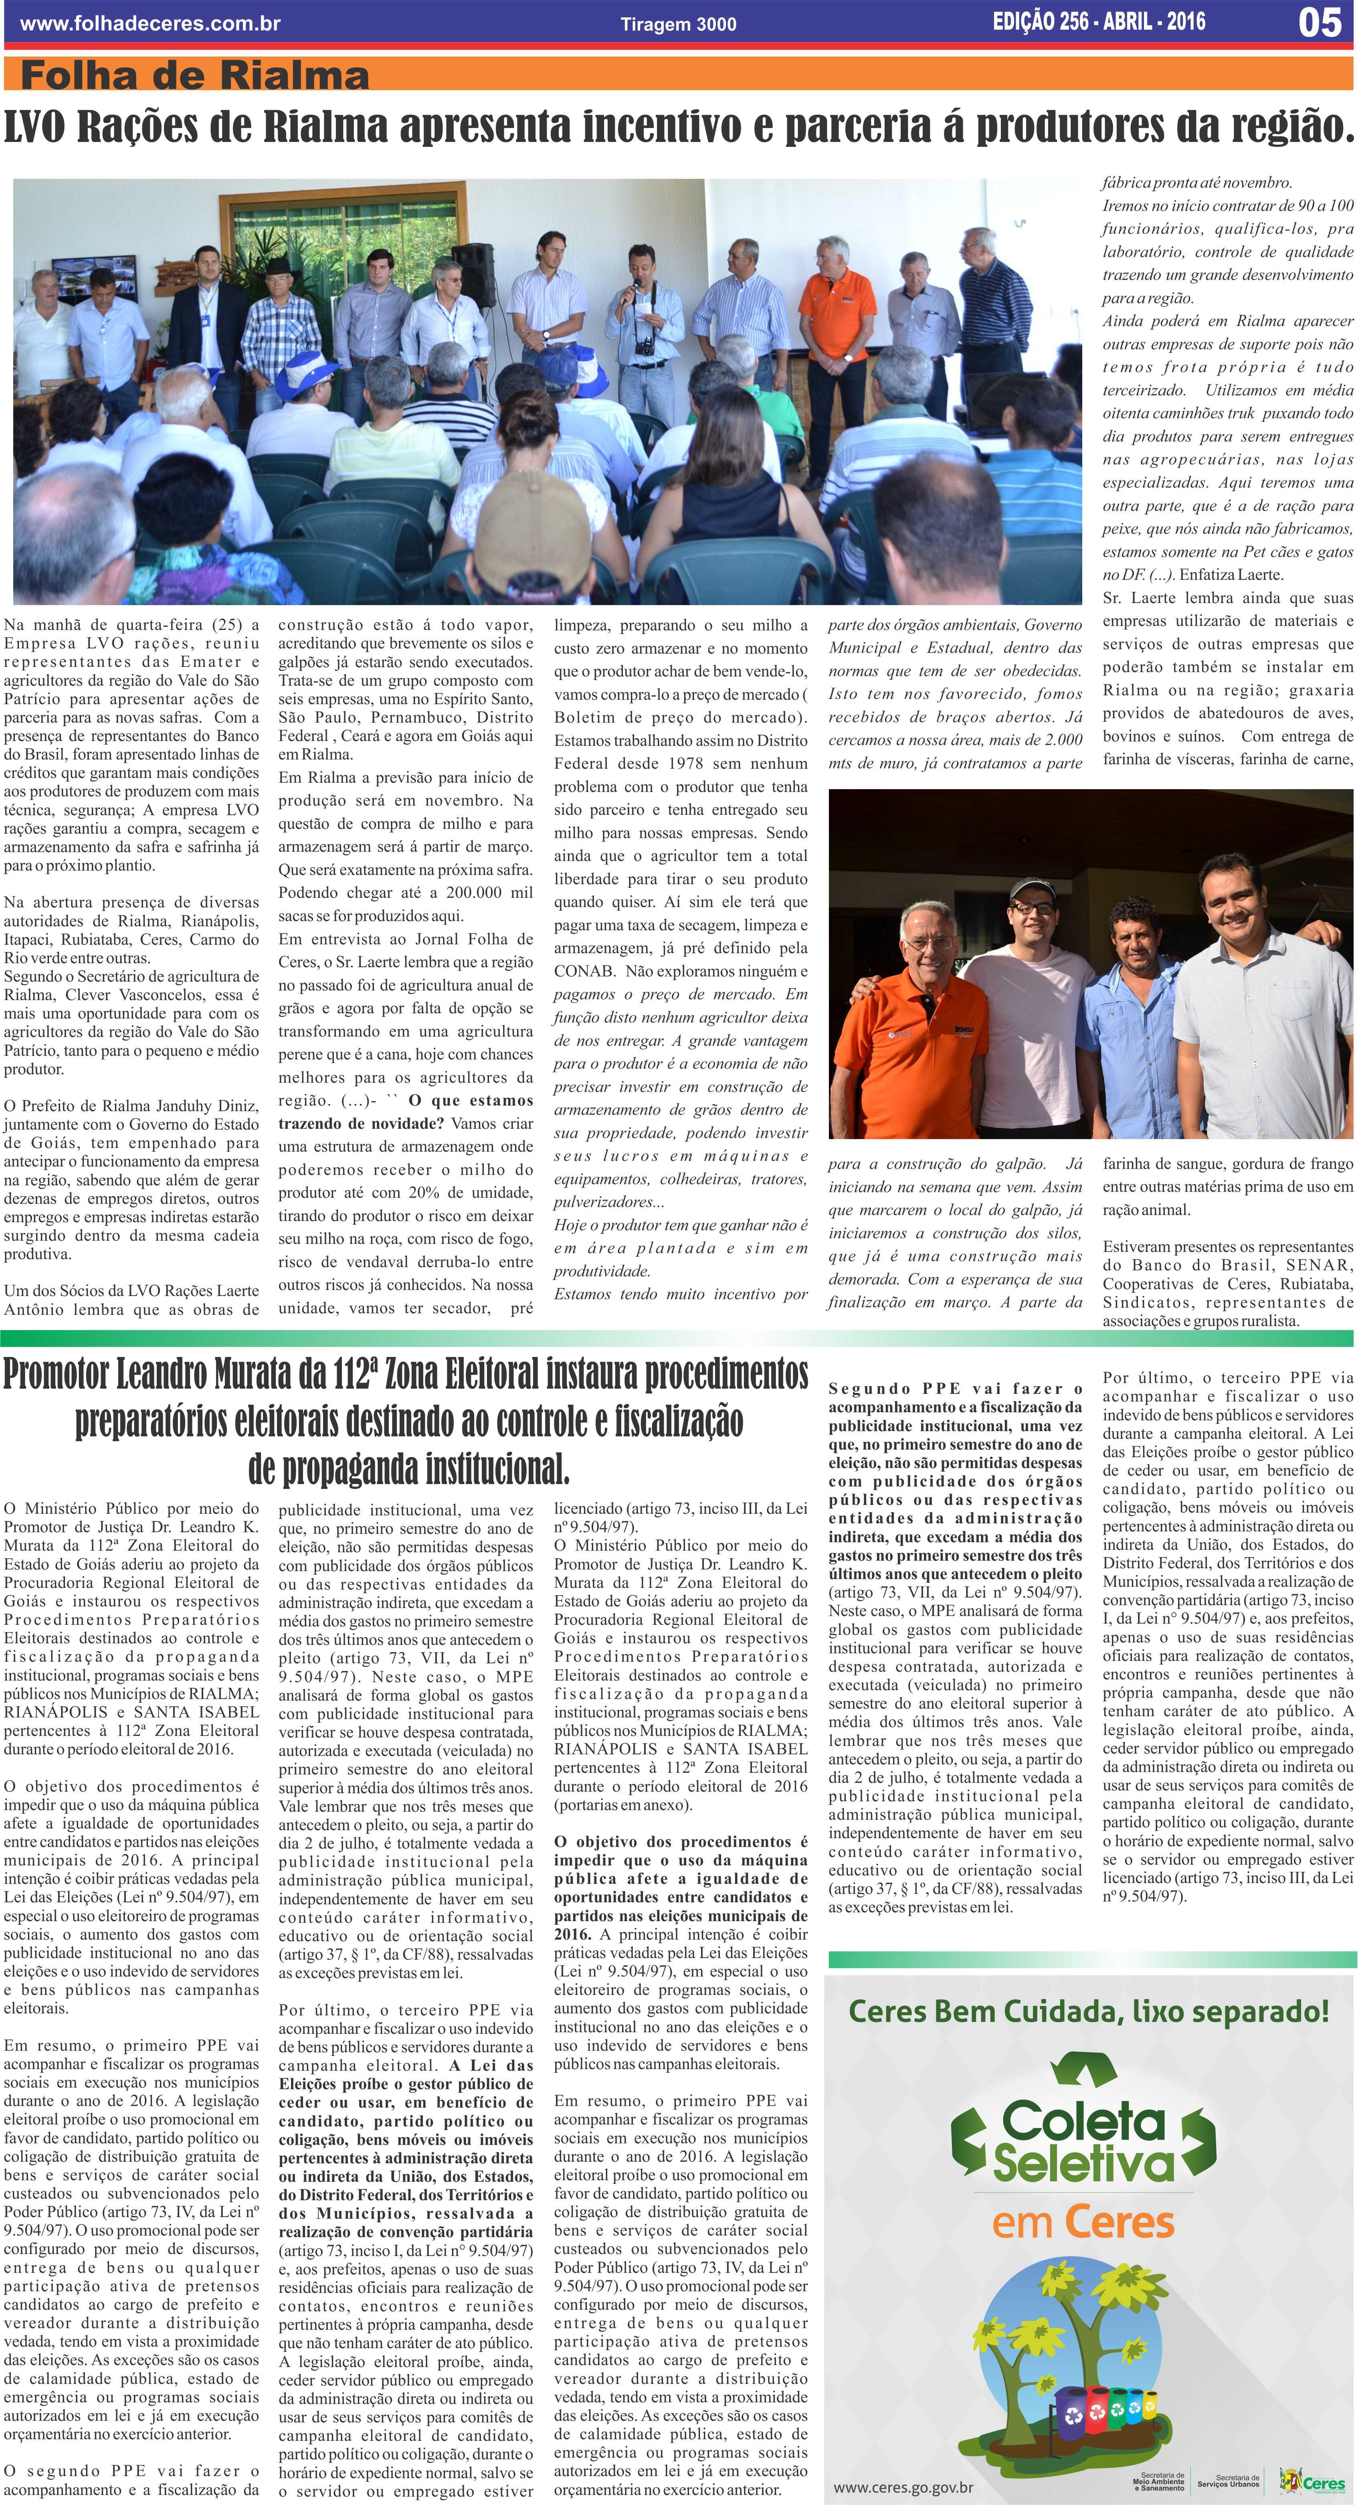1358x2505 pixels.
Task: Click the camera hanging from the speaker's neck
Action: click(x=643, y=346)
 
